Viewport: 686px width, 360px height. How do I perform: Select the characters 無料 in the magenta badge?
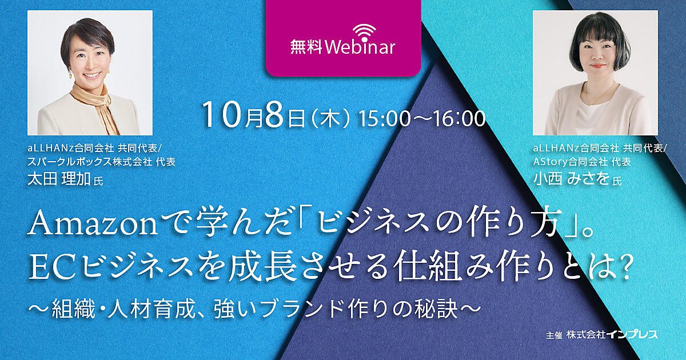(x=306, y=48)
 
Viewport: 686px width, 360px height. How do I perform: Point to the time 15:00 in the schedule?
(x=384, y=119)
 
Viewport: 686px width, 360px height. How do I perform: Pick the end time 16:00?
(x=460, y=119)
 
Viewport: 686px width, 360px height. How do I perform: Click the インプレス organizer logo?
(x=632, y=335)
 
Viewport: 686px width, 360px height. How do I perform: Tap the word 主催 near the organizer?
(x=554, y=335)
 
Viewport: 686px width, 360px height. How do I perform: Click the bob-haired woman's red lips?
(x=595, y=66)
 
